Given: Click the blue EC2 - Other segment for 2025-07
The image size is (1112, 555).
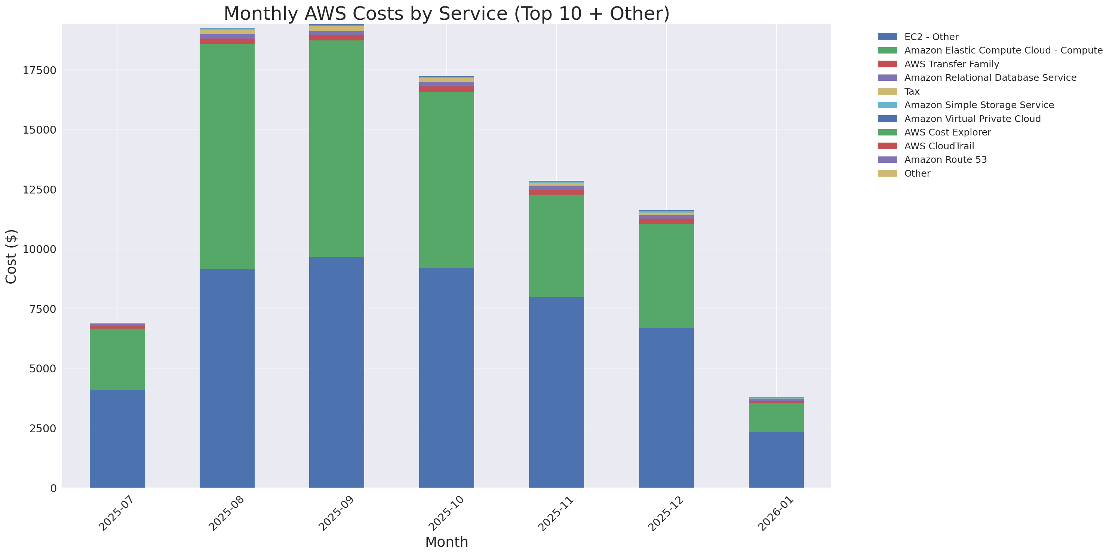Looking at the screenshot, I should [x=117, y=438].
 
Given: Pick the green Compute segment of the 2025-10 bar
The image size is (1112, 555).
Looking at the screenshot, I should [x=446, y=180].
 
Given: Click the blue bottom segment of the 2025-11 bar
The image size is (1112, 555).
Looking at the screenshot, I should [x=556, y=392].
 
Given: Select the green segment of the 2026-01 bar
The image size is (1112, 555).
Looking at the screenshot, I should [x=776, y=417].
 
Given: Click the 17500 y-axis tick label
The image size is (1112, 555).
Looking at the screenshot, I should [x=39, y=70].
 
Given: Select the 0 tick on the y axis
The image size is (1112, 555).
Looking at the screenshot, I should [x=53, y=488].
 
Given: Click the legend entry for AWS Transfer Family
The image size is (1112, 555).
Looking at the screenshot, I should [x=952, y=64].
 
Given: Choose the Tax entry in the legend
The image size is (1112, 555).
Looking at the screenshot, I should [x=912, y=92].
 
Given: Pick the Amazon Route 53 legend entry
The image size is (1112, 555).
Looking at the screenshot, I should [x=945, y=160].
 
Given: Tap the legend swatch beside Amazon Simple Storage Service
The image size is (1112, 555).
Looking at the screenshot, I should [x=887, y=105].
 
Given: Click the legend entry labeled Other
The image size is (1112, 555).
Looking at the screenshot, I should [x=917, y=173].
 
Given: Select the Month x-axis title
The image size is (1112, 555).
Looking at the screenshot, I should [x=446, y=542].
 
